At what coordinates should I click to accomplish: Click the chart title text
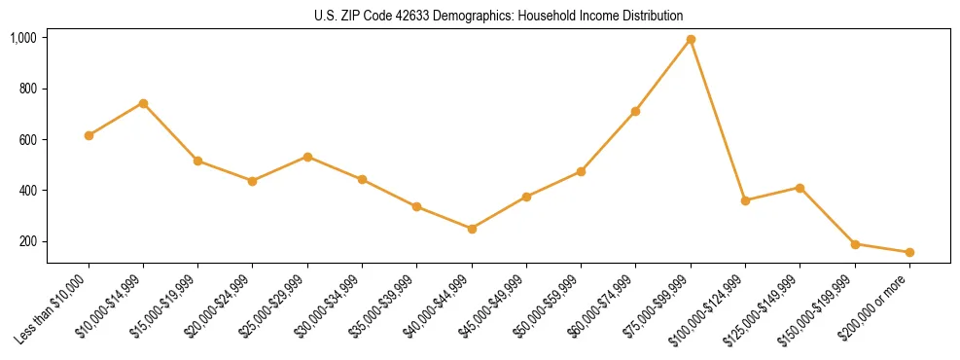(x=499, y=17)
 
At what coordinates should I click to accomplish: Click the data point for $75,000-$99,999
(x=691, y=39)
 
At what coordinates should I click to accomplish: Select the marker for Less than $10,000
(x=89, y=135)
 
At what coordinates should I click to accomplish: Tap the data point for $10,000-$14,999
(x=143, y=103)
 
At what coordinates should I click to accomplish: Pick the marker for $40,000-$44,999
(x=472, y=229)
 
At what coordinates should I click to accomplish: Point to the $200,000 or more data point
(x=909, y=252)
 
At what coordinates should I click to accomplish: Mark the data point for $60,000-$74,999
(x=635, y=112)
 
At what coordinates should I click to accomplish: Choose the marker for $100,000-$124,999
(x=745, y=200)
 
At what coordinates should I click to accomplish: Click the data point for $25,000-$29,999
(x=307, y=157)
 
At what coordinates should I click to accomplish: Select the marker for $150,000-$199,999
(x=855, y=244)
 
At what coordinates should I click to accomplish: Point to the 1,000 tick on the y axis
(x=23, y=38)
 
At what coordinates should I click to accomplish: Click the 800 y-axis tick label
(x=27, y=89)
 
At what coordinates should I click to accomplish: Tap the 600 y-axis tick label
(x=27, y=139)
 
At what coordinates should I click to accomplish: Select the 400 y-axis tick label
(x=27, y=190)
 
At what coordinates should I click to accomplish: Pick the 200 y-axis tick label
(x=27, y=240)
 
